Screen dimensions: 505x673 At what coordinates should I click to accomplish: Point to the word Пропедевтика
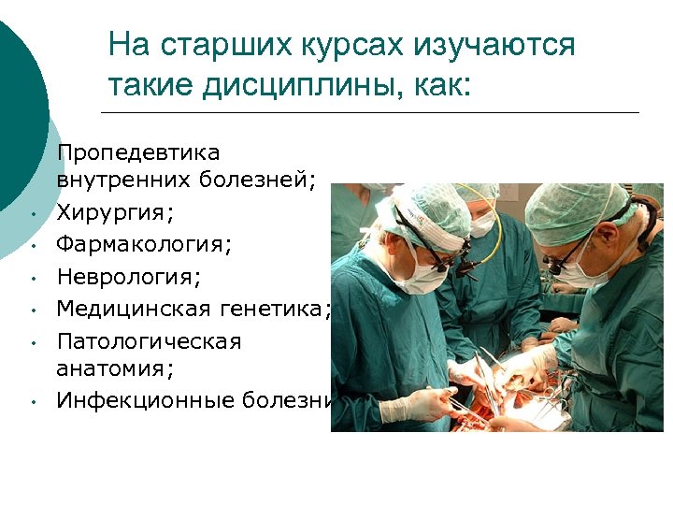point(138,151)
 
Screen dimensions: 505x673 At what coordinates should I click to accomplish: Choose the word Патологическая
point(149,340)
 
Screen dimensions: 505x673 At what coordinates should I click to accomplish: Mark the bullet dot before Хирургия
point(32,215)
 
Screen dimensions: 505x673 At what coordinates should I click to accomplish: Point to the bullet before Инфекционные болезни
point(32,403)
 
